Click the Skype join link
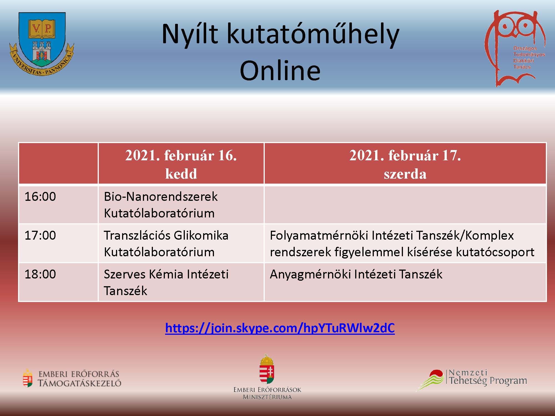click(280, 328)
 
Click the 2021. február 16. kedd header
click(181, 164)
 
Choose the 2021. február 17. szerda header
click(405, 164)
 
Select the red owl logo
click(515, 49)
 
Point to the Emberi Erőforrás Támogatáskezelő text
click(79, 379)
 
